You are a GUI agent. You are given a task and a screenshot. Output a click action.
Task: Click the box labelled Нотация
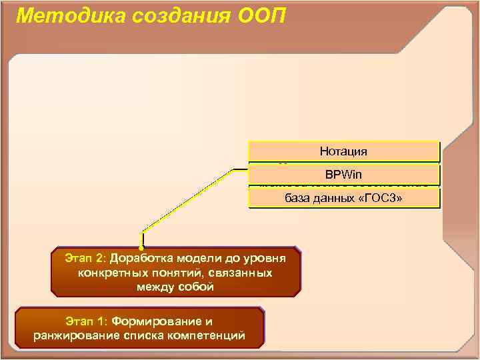pyautogui.click(x=343, y=151)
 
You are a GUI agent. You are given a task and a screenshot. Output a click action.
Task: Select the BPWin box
pyautogui.click(x=343, y=175)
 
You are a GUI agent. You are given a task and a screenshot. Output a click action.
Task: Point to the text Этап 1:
pyautogui.click(x=87, y=321)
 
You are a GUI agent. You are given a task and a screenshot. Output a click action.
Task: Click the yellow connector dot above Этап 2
pyautogui.click(x=142, y=247)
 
